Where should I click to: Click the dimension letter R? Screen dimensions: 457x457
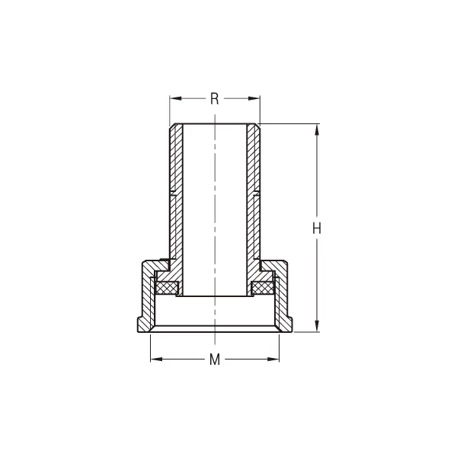pos(215,98)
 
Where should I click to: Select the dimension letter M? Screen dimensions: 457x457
pos(215,360)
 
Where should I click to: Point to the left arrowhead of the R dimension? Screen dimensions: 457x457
pos(174,98)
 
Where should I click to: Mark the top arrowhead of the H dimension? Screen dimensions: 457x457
pos(318,128)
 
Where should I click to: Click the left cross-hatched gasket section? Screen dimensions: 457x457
pos(167,288)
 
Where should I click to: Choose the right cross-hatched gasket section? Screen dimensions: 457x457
pos(263,288)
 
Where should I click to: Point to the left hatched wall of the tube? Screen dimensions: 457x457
pos(176,198)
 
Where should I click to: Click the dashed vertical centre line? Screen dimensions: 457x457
pos(215,228)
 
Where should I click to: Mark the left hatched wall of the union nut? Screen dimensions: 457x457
pos(145,301)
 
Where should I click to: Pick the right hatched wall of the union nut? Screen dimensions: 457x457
pos(285,301)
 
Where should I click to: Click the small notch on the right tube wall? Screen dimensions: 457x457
pos(255,191)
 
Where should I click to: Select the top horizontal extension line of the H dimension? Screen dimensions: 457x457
pos(289,123)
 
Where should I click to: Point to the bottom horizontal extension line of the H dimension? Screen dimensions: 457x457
pos(305,331)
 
